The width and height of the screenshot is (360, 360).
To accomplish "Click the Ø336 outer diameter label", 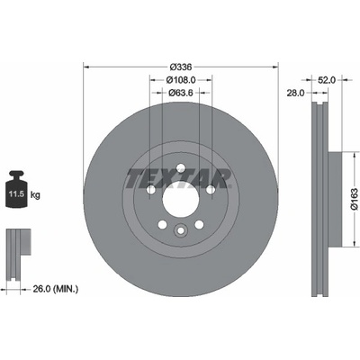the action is [181, 67].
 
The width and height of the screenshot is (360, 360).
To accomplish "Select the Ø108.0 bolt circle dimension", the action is [181, 80].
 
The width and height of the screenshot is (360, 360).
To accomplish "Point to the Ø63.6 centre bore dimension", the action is [180, 93].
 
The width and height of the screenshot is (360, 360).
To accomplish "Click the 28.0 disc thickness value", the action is [295, 93].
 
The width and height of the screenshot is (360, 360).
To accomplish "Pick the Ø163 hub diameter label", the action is [355, 199].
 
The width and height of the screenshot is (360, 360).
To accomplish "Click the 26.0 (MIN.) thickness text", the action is [55, 289].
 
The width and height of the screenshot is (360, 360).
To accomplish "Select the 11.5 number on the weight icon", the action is [16, 193].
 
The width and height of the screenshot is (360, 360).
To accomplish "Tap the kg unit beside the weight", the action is [35, 195].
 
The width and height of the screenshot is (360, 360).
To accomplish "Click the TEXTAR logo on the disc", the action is [179, 179].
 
